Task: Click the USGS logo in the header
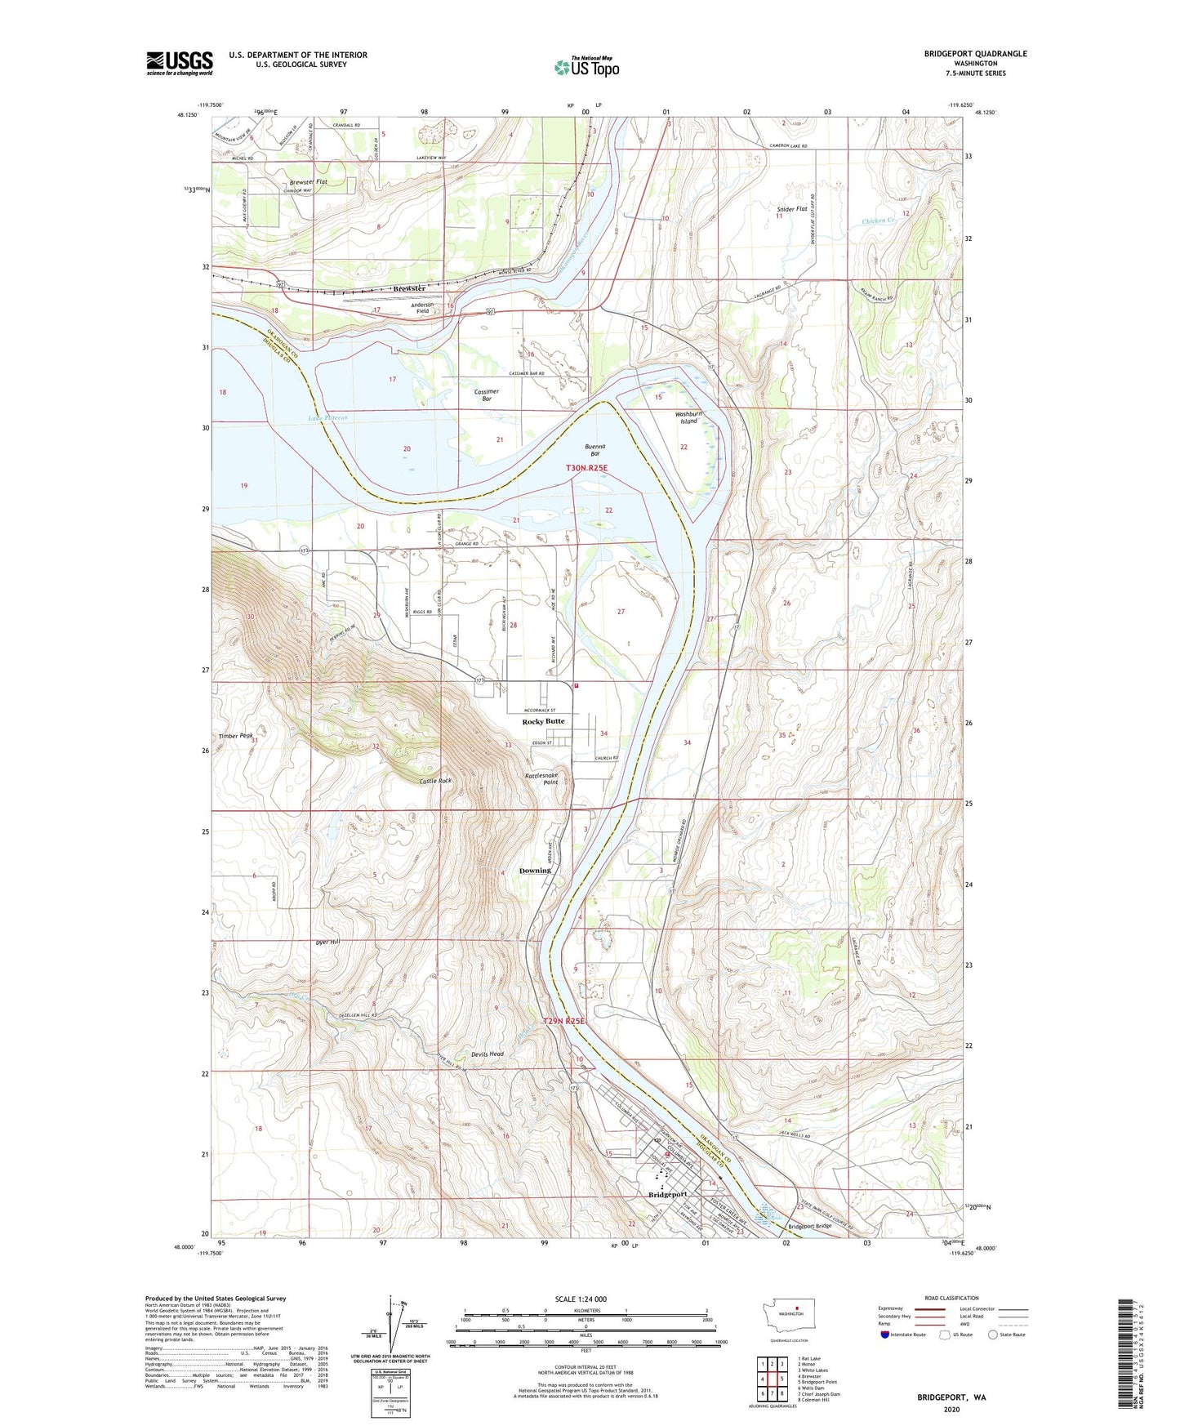[180, 63]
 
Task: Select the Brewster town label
[409, 288]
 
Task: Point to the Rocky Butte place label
[543, 721]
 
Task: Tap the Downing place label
[535, 871]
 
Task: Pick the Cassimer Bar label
[487, 395]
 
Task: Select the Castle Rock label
[435, 781]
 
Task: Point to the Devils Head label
[487, 1054]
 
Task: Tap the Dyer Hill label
[327, 942]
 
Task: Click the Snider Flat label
[791, 209]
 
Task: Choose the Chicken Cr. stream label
[880, 221]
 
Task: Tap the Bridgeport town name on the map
[667, 1194]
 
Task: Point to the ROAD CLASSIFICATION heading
[951, 1298]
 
